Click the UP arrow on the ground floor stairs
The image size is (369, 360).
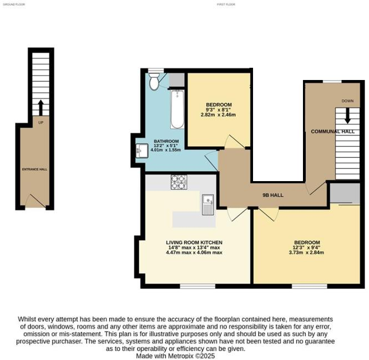tap(40, 107)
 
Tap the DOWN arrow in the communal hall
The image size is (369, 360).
tap(348, 116)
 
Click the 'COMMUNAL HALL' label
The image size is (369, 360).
tap(332, 131)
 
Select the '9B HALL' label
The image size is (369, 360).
tap(272, 195)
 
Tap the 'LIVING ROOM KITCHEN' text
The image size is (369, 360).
tap(194, 243)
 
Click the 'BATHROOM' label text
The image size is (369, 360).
tap(166, 141)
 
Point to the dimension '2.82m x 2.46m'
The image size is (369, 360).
tap(219, 115)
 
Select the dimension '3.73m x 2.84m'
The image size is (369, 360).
tap(307, 252)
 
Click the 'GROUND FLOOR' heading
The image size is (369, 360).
tap(14, 4)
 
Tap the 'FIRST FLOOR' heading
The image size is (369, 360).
tap(226, 4)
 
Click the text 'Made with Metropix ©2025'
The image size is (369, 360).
tap(175, 356)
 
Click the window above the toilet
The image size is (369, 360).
tap(154, 70)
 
